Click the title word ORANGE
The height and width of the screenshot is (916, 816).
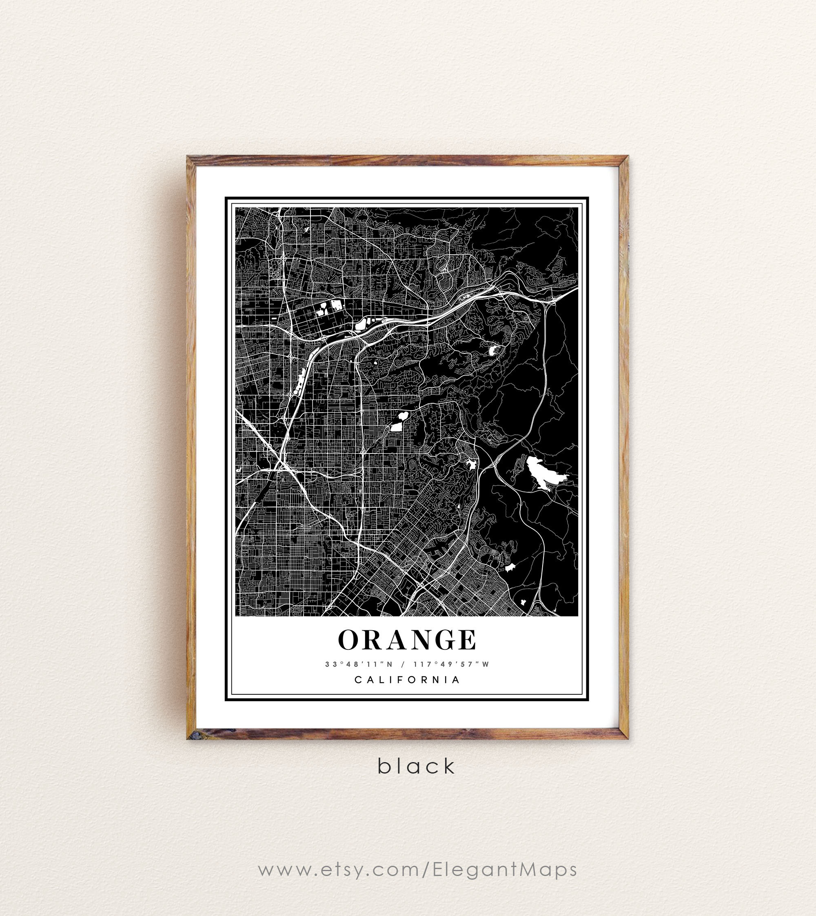(x=407, y=640)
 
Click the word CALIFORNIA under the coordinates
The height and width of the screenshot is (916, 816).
(x=407, y=680)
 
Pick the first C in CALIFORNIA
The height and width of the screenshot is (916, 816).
(x=358, y=680)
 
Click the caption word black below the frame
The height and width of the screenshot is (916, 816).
(x=416, y=766)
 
